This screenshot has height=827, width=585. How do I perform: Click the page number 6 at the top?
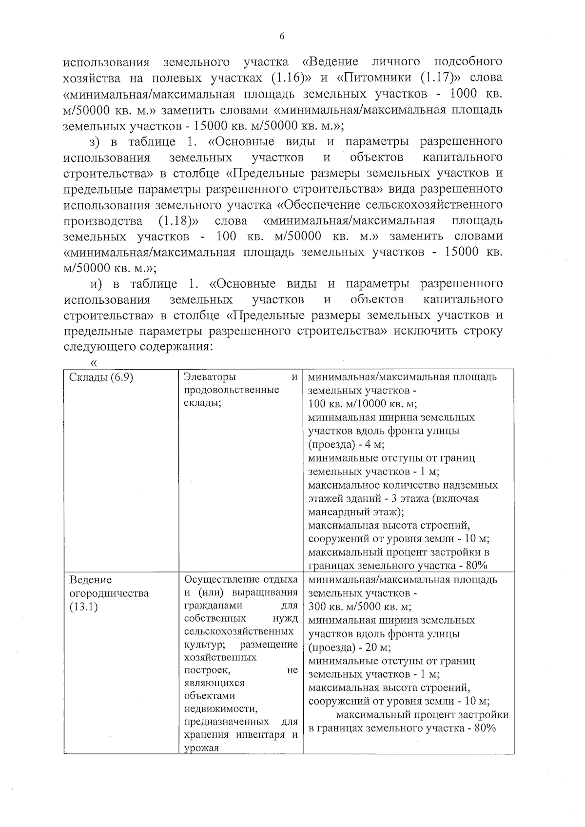[282, 36]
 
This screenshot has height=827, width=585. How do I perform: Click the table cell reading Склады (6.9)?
[101, 377]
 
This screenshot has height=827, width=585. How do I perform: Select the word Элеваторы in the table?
[210, 377]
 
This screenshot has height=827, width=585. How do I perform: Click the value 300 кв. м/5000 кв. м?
[360, 608]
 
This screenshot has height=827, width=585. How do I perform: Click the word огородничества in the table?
[109, 594]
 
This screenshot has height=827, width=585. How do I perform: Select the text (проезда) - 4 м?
[347, 445]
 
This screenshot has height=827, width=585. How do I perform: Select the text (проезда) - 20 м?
[350, 648]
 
